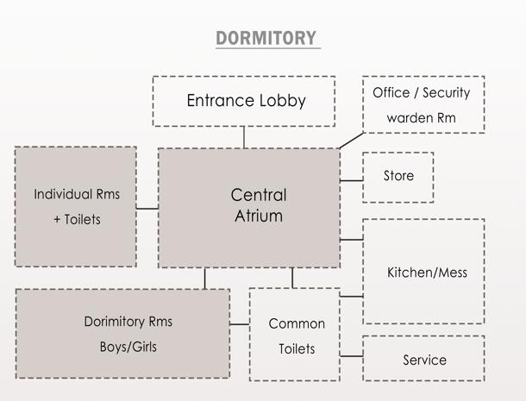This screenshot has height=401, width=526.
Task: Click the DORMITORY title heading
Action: tap(266, 39)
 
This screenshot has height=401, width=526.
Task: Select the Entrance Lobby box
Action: tap(244, 101)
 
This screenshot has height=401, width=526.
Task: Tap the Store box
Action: tap(398, 177)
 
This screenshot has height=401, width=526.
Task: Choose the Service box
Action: tap(423, 358)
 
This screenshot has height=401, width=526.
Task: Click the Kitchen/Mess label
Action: tap(427, 273)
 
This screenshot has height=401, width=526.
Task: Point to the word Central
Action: tap(259, 194)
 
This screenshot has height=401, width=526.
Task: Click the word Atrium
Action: tap(259, 216)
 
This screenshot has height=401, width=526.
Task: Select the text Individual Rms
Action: tap(77, 194)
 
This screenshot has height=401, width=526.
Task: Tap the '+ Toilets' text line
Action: tap(77, 219)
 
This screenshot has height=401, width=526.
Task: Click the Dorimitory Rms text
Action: tap(128, 322)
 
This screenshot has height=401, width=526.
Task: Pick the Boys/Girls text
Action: tap(128, 348)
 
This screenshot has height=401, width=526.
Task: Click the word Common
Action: tap(297, 324)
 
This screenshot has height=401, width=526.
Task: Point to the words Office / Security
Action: tap(422, 93)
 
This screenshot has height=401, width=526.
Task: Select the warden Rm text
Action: tap(422, 117)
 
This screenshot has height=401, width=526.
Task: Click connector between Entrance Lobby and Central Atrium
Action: tap(244, 137)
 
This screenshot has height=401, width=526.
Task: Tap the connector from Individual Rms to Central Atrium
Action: tap(147, 208)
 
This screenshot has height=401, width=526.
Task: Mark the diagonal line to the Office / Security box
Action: tap(351, 140)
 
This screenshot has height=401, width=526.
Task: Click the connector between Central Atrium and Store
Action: tap(351, 180)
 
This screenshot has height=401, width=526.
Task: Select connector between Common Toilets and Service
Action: tap(351, 356)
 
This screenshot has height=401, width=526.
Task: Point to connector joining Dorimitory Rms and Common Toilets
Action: tap(240, 325)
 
